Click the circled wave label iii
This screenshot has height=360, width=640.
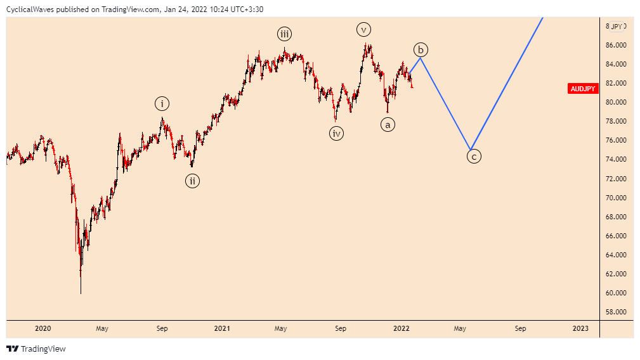(284, 34)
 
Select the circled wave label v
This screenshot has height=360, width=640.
(363, 29)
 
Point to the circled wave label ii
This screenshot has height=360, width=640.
(193, 181)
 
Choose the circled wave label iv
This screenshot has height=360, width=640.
(336, 133)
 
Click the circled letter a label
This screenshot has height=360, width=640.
(388, 125)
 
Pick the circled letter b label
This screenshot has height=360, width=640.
(421, 49)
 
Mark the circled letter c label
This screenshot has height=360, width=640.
(474, 155)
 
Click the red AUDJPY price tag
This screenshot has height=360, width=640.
(583, 89)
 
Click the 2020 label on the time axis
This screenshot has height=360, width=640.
(43, 328)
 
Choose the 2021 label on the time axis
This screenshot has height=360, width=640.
(222, 328)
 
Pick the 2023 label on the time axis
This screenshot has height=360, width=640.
(580, 328)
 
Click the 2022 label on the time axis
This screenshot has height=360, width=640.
(401, 328)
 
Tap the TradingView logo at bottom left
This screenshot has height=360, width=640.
(36, 349)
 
